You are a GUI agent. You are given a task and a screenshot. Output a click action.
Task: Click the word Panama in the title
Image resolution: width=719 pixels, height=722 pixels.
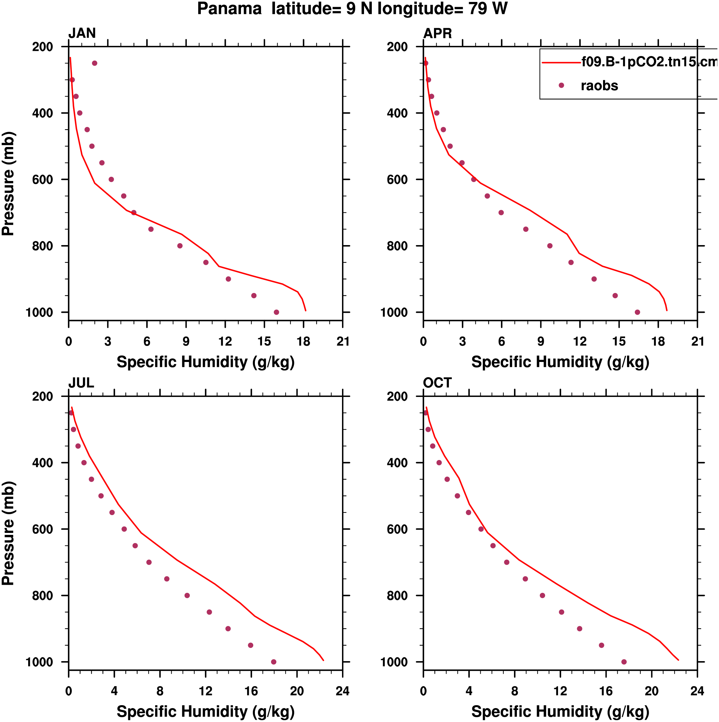[229, 9]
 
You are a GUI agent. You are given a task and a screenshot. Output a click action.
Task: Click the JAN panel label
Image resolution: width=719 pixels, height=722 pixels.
[82, 34]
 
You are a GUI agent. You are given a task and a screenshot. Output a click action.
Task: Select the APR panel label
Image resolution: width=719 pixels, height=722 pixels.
[438, 34]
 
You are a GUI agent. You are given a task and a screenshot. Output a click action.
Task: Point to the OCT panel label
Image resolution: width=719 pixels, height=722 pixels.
[438, 383]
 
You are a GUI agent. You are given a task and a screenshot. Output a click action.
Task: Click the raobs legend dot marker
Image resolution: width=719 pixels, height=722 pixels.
[561, 85]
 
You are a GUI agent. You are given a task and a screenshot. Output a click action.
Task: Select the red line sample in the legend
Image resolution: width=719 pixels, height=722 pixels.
[561, 62]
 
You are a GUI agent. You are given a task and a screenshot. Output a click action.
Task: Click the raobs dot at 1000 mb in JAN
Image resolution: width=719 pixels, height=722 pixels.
[276, 312]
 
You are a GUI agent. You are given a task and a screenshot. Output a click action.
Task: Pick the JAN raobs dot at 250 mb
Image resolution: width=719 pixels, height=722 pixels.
[95, 63]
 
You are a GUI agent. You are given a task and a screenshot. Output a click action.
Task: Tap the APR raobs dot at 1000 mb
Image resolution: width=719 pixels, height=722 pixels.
[637, 312]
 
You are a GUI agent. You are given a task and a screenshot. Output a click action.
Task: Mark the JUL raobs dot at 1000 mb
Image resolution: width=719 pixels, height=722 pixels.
[274, 662]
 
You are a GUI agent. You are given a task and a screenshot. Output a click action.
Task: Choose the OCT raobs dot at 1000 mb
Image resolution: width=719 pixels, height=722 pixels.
[624, 662]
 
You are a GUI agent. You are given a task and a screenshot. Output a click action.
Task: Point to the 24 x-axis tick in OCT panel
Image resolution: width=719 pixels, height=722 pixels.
[697, 691]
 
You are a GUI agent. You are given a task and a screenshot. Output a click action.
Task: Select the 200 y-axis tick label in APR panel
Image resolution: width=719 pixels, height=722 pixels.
[397, 47]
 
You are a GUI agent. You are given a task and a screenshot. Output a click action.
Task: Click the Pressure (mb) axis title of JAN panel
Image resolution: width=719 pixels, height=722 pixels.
[8, 184]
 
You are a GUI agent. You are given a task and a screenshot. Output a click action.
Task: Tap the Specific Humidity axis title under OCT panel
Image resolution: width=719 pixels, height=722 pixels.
[560, 711]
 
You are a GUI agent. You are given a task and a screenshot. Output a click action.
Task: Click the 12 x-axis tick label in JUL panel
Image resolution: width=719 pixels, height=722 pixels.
[206, 691]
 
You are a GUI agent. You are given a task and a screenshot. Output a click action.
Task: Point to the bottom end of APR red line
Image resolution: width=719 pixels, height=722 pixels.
[667, 310]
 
